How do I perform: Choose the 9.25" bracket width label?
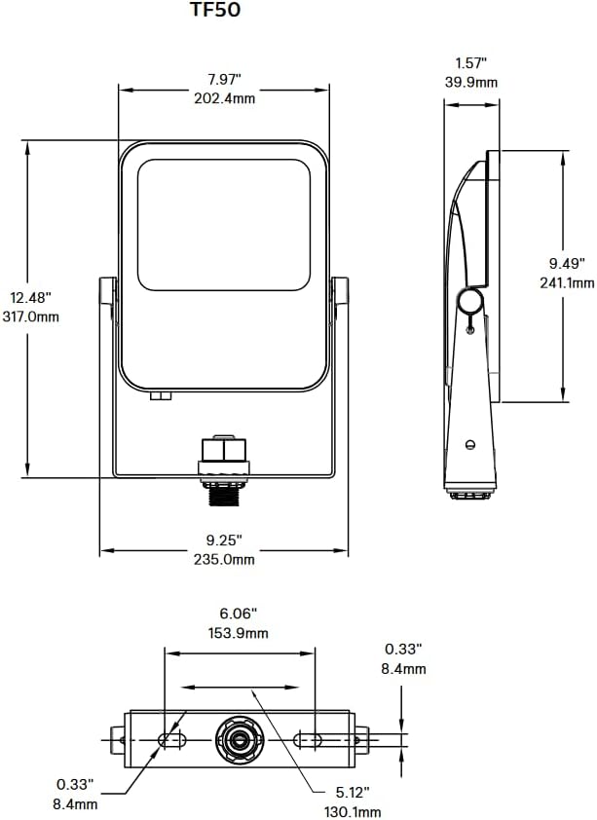pos(223,539)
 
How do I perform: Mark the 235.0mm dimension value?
pos(223,559)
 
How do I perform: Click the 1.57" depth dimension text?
pos(470,63)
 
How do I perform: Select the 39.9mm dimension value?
pos(470,83)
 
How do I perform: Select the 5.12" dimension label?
pos(351,792)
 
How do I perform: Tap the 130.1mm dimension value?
pos(351,811)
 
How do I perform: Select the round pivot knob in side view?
pos(470,302)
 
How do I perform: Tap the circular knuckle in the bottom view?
pos(239,740)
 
